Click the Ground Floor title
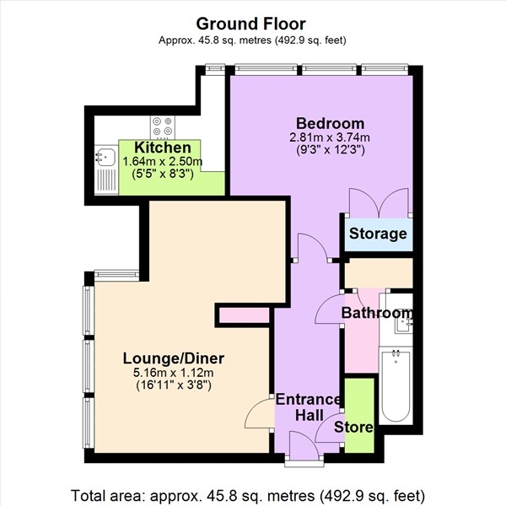tap(252, 24)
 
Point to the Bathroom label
tap(377, 314)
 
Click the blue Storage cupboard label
tap(378, 234)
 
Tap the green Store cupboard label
tap(353, 428)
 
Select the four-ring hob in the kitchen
tap(162, 126)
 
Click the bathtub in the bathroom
tap(396, 386)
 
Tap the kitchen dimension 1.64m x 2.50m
tap(163, 162)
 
